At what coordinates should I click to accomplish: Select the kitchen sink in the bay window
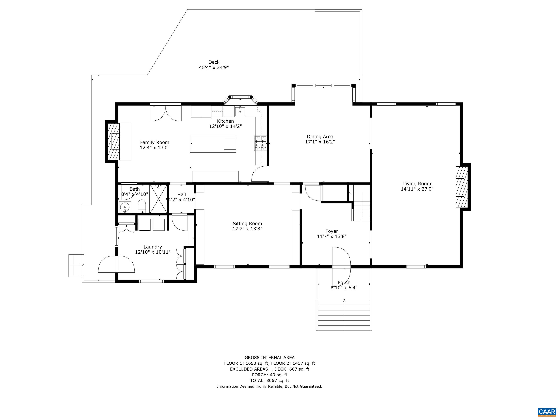coord(240,111)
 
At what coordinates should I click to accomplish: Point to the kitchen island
coord(213,144)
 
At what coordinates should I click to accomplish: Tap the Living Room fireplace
coord(461,187)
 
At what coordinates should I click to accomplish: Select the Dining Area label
coord(320,137)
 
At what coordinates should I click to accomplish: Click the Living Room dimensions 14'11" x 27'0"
coord(417,189)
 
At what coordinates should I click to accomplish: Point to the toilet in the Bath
coord(142,206)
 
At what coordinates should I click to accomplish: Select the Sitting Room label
coord(247,223)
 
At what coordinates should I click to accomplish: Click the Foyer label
coord(331,231)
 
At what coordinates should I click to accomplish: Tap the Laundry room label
coord(153,247)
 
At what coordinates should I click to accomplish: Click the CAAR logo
coord(547,412)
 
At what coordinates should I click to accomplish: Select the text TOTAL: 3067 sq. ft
coord(269,381)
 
